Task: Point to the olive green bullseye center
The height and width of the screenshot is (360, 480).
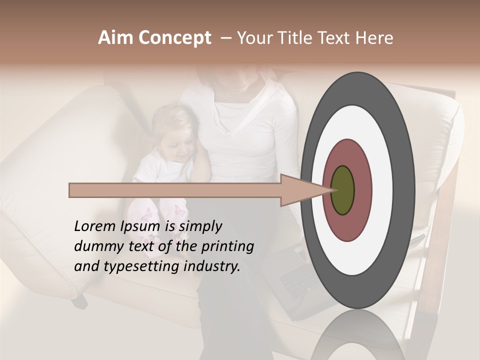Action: pyautogui.click(x=343, y=190)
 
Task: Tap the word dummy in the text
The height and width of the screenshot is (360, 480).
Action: pyautogui.click(x=96, y=246)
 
